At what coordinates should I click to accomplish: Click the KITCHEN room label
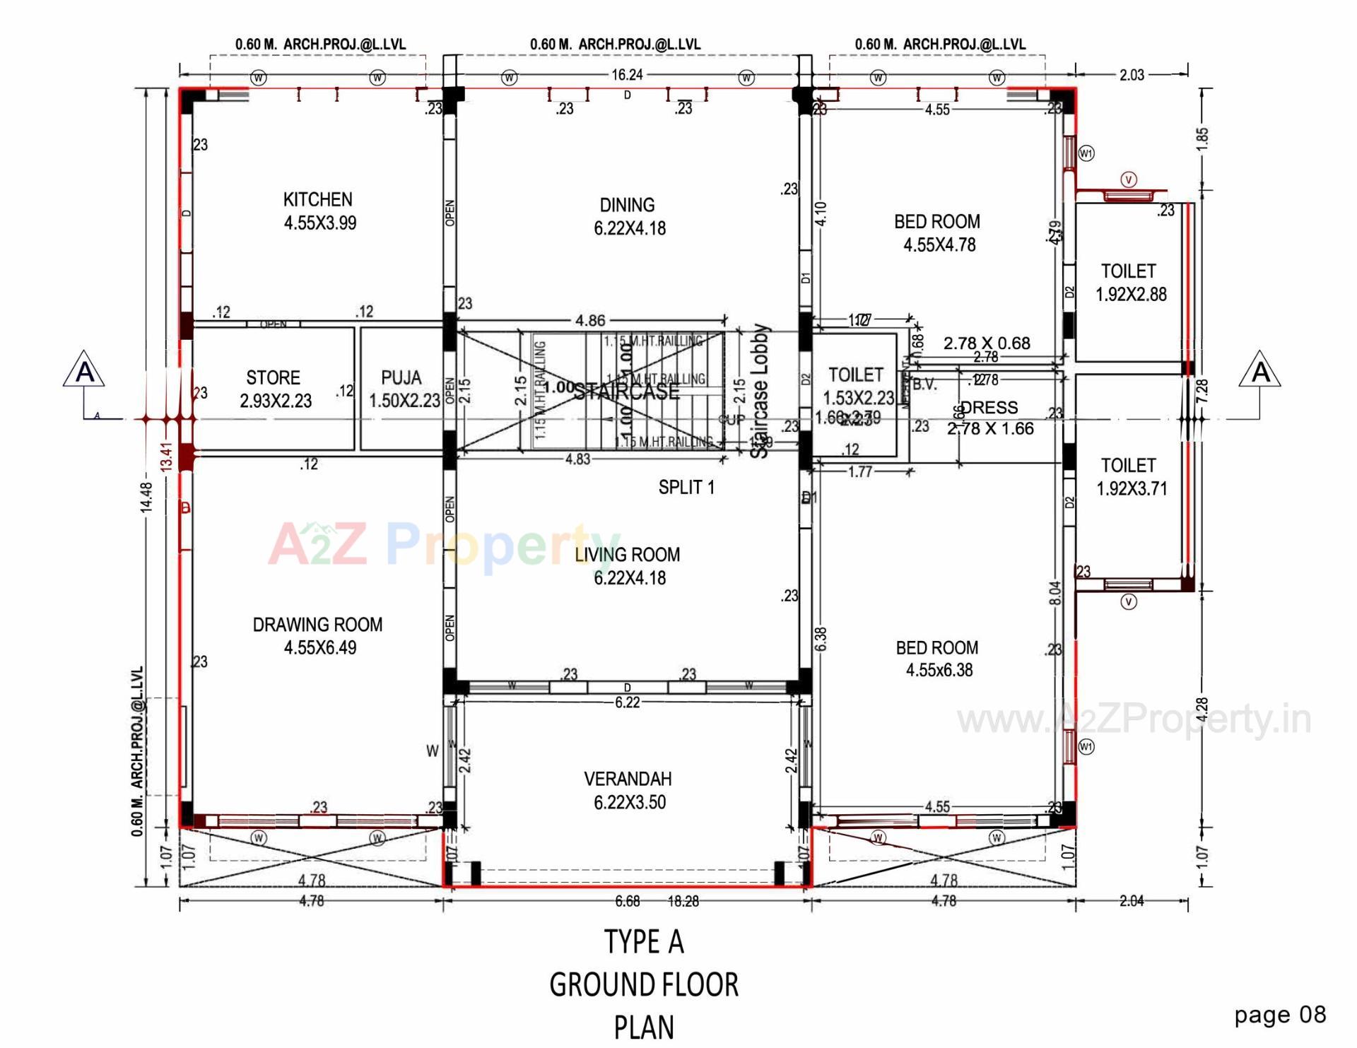[319, 211]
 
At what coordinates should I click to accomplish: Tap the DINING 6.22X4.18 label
[628, 216]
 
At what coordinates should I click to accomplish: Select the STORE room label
[274, 389]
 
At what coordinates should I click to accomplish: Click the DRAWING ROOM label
[319, 635]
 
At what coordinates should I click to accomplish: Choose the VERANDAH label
[628, 790]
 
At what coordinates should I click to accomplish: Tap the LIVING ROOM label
[628, 565]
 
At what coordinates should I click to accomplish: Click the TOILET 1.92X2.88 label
[1130, 283]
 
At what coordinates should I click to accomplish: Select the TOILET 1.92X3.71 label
[1130, 476]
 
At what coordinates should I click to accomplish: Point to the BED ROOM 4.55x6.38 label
[938, 659]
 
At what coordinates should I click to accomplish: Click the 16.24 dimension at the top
[627, 75]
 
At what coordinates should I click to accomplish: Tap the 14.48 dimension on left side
[146, 496]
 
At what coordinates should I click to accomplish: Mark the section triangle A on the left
[84, 370]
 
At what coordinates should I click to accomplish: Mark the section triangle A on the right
[1260, 370]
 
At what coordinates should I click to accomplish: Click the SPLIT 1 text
[686, 488]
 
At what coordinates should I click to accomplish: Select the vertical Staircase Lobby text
[760, 391]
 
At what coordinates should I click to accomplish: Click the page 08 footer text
[1279, 1015]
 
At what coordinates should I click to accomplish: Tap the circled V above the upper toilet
[1129, 179]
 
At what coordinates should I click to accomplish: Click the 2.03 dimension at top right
[1131, 75]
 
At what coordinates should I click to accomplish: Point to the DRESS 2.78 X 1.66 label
[990, 418]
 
